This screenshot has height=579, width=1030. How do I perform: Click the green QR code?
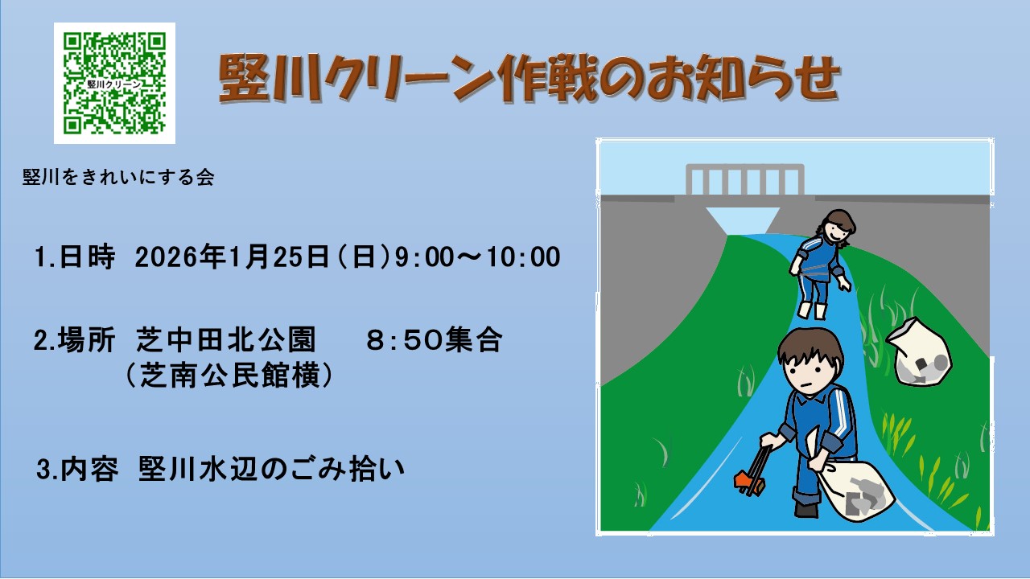click(114, 83)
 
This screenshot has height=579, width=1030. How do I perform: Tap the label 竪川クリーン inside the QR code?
click(114, 84)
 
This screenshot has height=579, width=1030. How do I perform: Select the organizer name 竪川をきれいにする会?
click(118, 178)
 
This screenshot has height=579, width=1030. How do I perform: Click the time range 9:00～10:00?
click(478, 257)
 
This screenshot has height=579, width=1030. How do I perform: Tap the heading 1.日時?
click(75, 257)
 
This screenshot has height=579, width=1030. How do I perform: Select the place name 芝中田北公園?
click(226, 340)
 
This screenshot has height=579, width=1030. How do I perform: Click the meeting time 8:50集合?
click(434, 340)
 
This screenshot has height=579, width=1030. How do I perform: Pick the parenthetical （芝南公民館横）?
click(229, 376)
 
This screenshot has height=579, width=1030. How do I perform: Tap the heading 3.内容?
click(77, 469)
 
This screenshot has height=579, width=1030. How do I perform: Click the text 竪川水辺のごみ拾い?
click(271, 469)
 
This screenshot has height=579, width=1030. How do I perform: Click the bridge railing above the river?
click(745, 179)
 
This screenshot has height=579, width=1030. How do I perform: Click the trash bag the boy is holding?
click(855, 491)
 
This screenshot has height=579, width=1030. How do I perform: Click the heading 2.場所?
click(74, 340)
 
